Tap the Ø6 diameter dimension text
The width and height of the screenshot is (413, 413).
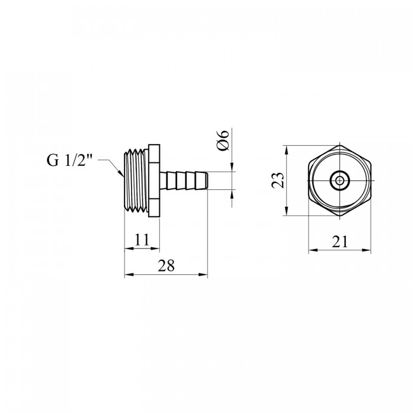(x=223, y=140)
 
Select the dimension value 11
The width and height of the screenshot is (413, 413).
(x=142, y=240)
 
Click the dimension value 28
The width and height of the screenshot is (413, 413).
(x=166, y=265)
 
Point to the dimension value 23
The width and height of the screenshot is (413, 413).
(x=278, y=180)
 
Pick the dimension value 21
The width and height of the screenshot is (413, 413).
(x=340, y=241)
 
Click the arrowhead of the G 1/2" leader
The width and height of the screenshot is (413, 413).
(x=121, y=173)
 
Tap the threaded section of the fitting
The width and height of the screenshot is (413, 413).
(x=136, y=181)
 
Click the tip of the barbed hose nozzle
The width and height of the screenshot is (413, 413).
(x=208, y=181)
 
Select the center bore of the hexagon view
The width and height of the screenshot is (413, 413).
(x=340, y=181)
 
